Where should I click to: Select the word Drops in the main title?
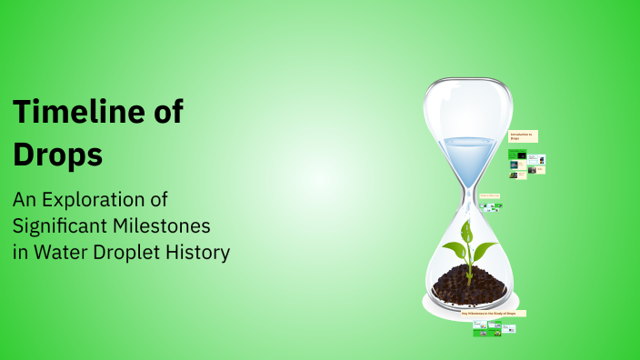[56, 154]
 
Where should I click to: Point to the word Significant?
[73, 225]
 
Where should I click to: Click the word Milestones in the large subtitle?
[185, 225]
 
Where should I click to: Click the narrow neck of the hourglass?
[467, 193]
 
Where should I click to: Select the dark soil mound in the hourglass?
[467, 283]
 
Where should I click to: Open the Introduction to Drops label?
[524, 136]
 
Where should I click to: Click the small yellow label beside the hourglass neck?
[489, 195]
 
